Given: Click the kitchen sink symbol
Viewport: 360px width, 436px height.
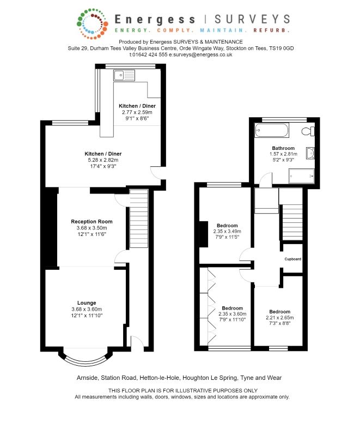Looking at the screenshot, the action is (124, 75).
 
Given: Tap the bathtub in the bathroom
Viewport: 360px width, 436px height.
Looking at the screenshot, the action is (272, 130).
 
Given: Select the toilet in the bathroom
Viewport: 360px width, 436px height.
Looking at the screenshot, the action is (308, 131).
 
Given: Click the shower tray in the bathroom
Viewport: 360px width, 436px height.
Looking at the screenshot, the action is (301, 176).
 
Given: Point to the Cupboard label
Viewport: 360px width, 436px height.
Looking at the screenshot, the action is (293, 259).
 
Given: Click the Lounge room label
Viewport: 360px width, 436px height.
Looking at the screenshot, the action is (87, 303).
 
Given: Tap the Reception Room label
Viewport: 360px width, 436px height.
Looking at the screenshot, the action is (91, 222).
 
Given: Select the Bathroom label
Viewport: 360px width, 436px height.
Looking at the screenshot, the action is (283, 148).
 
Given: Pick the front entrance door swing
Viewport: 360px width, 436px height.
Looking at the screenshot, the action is (137, 341).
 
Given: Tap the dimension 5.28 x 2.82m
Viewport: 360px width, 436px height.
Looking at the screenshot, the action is (103, 160).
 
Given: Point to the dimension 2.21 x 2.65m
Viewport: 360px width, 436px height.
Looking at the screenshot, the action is (280, 318).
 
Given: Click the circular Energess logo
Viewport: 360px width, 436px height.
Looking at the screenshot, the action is (92, 23).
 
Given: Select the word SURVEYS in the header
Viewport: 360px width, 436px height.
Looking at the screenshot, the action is (253, 19).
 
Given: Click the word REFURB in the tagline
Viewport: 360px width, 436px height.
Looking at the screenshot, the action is (271, 30).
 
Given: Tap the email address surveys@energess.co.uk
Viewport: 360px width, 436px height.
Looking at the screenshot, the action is (200, 55).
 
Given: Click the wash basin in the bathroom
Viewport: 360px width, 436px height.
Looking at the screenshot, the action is (310, 154).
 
